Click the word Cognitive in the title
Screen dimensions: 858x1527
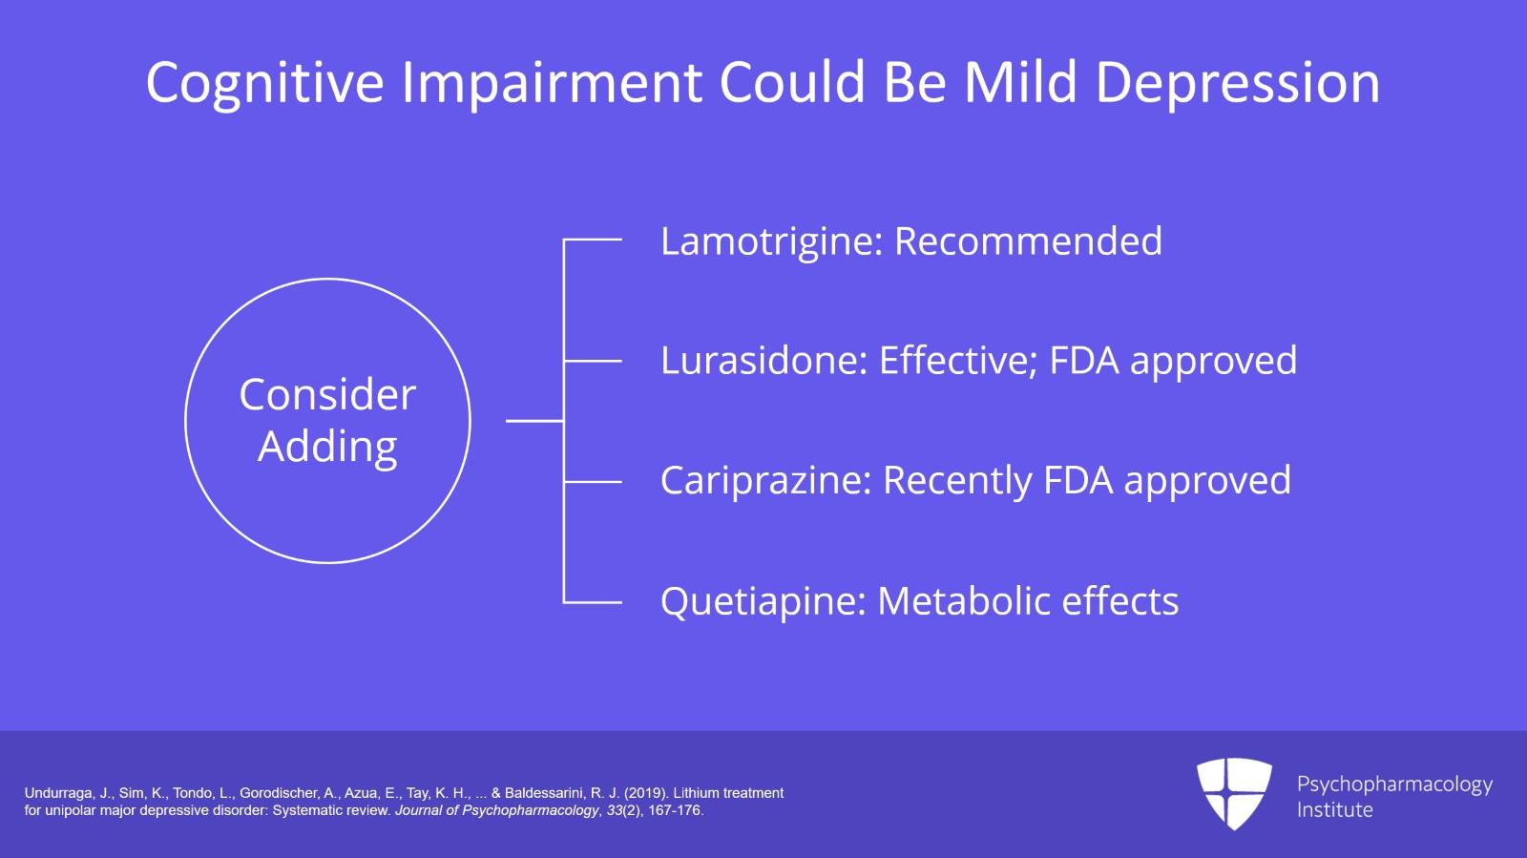(x=264, y=83)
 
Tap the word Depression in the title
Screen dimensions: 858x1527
(x=1237, y=83)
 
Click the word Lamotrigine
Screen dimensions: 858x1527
(x=770, y=241)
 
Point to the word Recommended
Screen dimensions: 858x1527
(x=1028, y=241)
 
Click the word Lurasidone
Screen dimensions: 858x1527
(x=763, y=361)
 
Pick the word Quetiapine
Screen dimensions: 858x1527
(x=763, y=601)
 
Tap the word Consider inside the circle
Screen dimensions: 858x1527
(x=327, y=395)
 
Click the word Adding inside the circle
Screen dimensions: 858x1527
(x=327, y=447)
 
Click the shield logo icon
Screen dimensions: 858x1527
(x=1234, y=792)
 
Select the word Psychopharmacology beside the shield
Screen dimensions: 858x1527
(x=1394, y=785)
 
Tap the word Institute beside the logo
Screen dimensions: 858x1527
(x=1334, y=809)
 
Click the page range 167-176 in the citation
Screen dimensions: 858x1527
(x=675, y=810)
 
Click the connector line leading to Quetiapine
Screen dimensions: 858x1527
(x=593, y=602)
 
